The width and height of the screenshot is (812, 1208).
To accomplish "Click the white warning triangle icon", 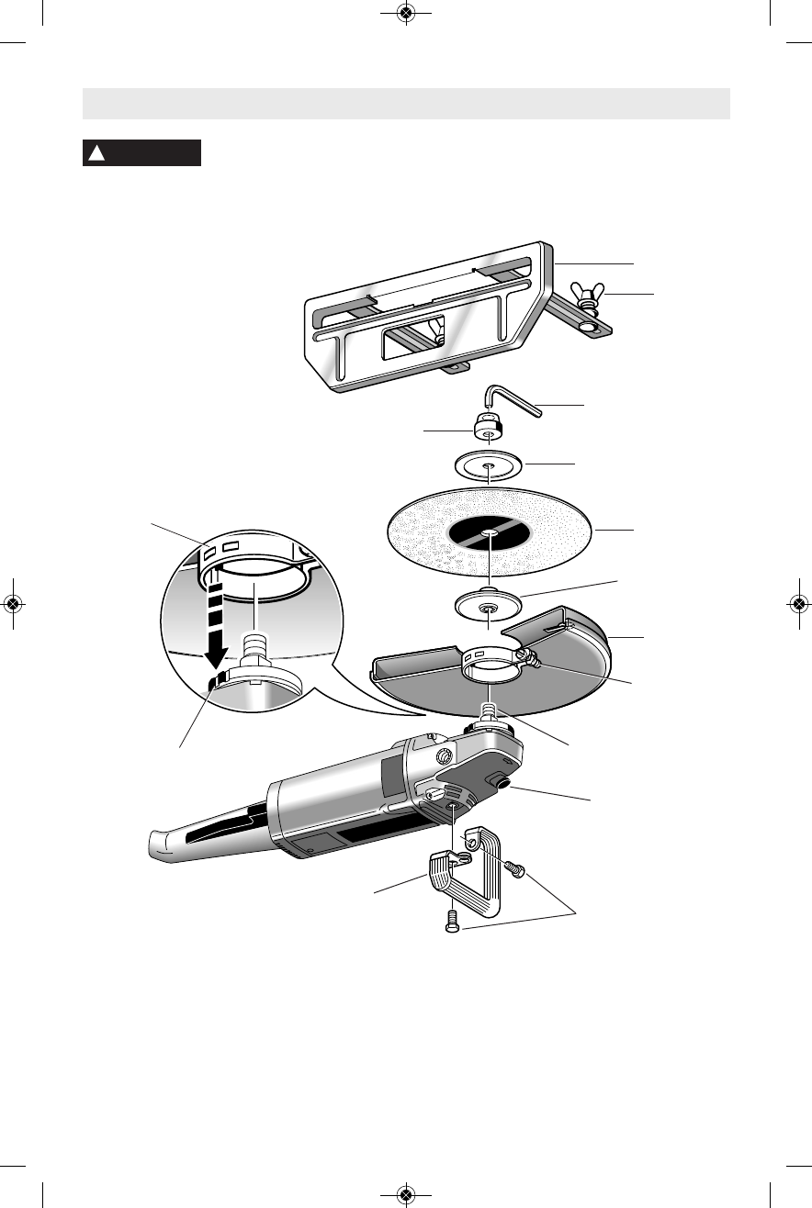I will coord(95,153).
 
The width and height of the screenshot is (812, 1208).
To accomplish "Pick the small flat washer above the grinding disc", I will coord(489,465).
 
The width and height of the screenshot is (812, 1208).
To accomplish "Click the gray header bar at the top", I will coord(406,104).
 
